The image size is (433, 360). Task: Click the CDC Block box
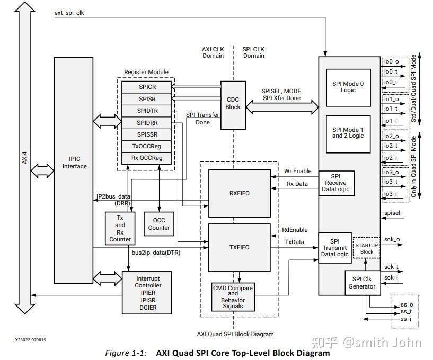pyautogui.click(x=233, y=105)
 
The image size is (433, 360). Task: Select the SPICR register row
pyautogui.click(x=147, y=87)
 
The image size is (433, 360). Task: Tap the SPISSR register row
pyautogui.click(x=147, y=134)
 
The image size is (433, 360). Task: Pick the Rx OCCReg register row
pyautogui.click(x=147, y=158)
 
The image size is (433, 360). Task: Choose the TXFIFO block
pyautogui.click(x=238, y=247)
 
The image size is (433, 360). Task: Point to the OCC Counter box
pyautogui.click(x=159, y=224)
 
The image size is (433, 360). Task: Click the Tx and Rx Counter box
pyautogui.click(x=120, y=228)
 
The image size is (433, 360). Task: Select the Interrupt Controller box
pyautogui.click(x=148, y=293)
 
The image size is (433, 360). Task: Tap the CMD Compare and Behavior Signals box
pyautogui.click(x=233, y=297)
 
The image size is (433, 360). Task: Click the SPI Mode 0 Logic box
pyautogui.click(x=348, y=87)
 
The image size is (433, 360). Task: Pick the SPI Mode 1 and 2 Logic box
pyautogui.click(x=348, y=133)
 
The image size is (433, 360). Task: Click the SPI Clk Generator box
pyautogui.click(x=362, y=283)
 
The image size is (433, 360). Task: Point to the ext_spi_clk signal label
pyautogui.click(x=69, y=13)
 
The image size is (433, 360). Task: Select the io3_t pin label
pyautogui.click(x=391, y=183)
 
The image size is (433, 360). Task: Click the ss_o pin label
pyautogui.click(x=407, y=304)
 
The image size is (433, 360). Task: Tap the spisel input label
pyautogui.click(x=392, y=214)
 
